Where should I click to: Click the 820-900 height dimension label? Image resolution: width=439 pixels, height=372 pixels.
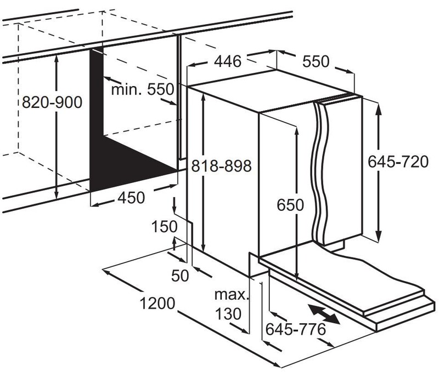50,102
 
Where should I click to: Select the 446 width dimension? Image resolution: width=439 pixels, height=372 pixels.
227,61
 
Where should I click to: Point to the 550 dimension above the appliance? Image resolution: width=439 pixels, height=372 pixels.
316,61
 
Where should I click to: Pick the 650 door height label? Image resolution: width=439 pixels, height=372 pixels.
290,206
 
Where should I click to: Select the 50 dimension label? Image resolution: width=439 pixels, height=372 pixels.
179,276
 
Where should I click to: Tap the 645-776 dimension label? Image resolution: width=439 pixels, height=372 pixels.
295,329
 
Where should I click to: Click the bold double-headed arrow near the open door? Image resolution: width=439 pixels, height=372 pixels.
323,315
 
